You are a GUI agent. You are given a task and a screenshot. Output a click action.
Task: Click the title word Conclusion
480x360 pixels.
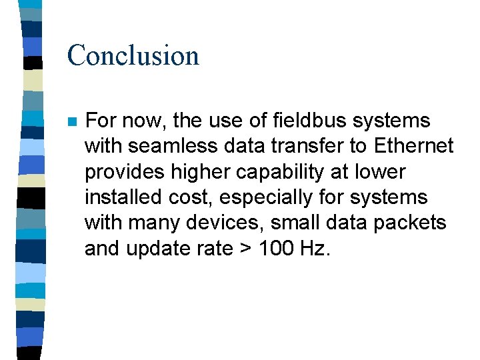click(x=133, y=55)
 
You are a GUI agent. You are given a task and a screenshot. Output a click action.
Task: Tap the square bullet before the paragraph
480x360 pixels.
click(x=72, y=123)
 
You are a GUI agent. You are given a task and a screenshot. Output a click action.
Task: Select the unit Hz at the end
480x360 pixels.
click(x=314, y=248)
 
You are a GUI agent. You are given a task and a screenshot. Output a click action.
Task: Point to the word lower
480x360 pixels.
click(x=380, y=173)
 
